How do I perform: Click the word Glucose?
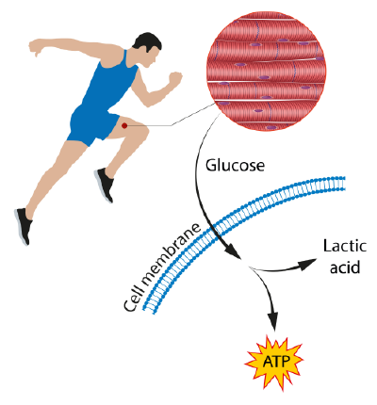(235, 166)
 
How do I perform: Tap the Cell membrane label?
(162, 267)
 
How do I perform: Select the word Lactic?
(345, 246)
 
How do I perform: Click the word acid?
(344, 267)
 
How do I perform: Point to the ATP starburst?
(273, 362)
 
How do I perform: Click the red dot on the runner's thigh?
(124, 125)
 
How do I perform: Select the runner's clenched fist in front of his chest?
(175, 78)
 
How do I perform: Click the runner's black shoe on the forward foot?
(105, 185)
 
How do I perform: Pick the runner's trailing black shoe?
(24, 225)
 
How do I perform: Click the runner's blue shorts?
(91, 123)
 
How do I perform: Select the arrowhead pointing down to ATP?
(273, 321)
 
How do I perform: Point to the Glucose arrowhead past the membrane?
(233, 251)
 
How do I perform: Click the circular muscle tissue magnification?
(266, 72)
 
